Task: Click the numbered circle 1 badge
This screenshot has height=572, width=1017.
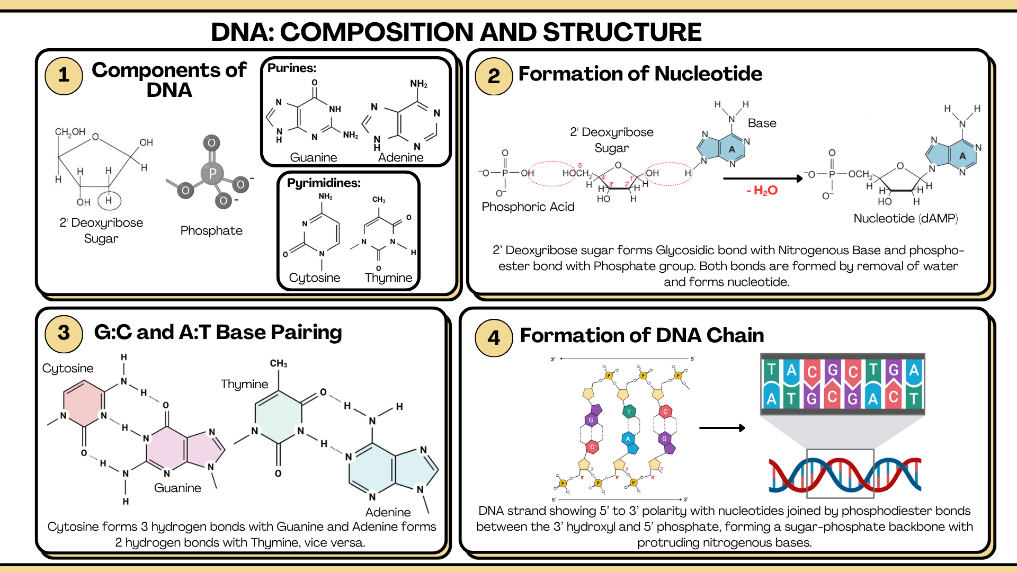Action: pyautogui.click(x=64, y=75)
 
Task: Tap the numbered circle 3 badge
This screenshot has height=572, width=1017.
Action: pyautogui.click(x=64, y=333)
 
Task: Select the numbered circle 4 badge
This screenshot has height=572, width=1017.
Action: pyautogui.click(x=494, y=337)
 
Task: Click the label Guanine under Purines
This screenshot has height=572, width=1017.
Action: pyautogui.click(x=314, y=157)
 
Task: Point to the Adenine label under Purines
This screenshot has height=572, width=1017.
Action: pyautogui.click(x=400, y=157)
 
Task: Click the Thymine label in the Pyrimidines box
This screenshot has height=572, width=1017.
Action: pyautogui.click(x=388, y=278)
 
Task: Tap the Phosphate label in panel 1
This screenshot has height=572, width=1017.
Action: pyautogui.click(x=211, y=230)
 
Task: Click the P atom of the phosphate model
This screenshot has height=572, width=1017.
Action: pyautogui.click(x=212, y=173)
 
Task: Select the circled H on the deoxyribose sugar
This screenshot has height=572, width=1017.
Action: pyautogui.click(x=109, y=200)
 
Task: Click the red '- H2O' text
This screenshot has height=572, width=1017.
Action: pyautogui.click(x=762, y=190)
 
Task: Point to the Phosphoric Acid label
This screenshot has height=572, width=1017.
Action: pyautogui.click(x=528, y=207)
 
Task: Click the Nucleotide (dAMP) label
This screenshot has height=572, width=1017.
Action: pyautogui.click(x=905, y=218)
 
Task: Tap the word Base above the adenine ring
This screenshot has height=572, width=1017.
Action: pyautogui.click(x=762, y=123)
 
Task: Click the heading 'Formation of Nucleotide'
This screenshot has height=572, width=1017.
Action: pyautogui.click(x=640, y=74)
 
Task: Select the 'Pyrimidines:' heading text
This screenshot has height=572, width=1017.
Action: pyautogui.click(x=324, y=183)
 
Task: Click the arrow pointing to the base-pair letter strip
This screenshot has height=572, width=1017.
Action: pyautogui.click(x=721, y=428)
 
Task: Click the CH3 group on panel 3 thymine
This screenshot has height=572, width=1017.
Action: pyautogui.click(x=279, y=363)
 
